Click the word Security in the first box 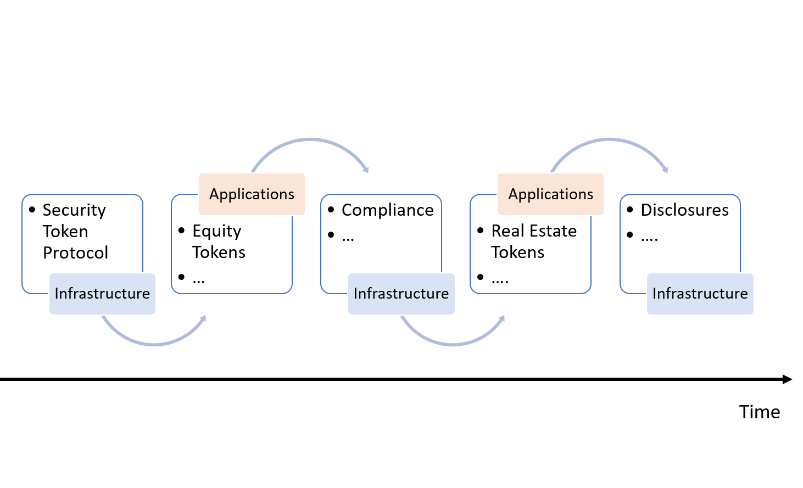point(74,210)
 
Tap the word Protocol point(76,253)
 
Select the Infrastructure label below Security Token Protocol point(102,294)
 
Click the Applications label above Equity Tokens point(252,194)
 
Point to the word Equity point(216,231)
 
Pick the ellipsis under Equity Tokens point(199,279)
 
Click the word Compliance point(387,210)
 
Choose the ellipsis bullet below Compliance point(348,237)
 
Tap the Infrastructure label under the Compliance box point(401,294)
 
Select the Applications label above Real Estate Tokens point(550,194)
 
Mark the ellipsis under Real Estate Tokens point(500,279)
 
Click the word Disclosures point(684,210)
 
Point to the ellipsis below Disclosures point(649,237)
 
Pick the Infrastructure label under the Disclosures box point(700,294)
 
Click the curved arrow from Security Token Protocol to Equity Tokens point(154,344)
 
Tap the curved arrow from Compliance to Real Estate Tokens point(453,344)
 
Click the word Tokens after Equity point(219,253)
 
